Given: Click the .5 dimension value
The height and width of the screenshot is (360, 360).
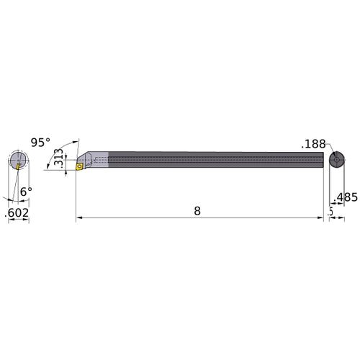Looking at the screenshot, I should [x=330, y=211].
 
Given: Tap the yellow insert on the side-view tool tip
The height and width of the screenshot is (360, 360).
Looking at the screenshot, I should [x=81, y=166].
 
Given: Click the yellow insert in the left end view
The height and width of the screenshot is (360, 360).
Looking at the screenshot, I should [x=18, y=166].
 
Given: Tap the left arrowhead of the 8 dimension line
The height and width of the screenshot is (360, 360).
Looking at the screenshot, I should [x=79, y=216].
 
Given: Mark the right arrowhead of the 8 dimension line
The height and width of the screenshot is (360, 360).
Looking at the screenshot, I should [x=320, y=216].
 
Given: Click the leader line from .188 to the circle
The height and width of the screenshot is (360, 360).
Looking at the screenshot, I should [x=328, y=150].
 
